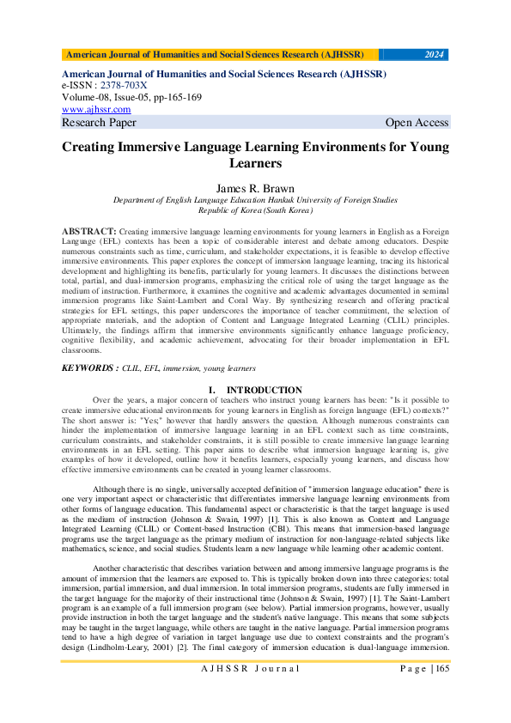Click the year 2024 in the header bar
(435, 54)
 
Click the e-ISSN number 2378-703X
(123, 86)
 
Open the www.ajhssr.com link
(96, 109)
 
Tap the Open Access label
(417, 123)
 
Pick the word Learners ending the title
(255, 163)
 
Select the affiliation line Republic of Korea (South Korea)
(255, 210)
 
